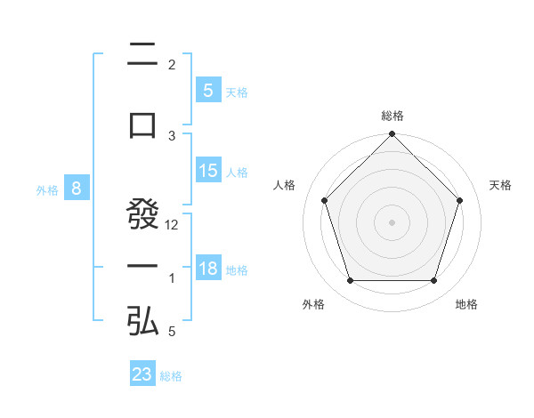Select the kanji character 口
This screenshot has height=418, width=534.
[142, 124]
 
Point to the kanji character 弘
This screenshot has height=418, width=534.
[142, 321]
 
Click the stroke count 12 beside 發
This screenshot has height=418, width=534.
[173, 225]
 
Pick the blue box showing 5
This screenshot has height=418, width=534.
[207, 91]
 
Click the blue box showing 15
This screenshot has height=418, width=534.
[207, 172]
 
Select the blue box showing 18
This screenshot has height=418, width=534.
[207, 269]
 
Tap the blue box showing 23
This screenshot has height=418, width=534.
[142, 374]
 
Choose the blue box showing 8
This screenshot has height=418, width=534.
[77, 189]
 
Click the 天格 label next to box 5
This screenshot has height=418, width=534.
[237, 92]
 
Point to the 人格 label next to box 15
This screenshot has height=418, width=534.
[237, 173]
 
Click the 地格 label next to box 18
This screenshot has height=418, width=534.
[237, 270]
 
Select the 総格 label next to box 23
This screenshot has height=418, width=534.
[172, 375]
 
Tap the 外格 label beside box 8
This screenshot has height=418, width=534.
[47, 189]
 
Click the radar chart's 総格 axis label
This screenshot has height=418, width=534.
[392, 116]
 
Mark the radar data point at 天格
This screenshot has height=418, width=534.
[460, 200]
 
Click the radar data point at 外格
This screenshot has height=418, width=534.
[351, 281]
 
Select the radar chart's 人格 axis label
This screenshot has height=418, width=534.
[285, 185]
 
